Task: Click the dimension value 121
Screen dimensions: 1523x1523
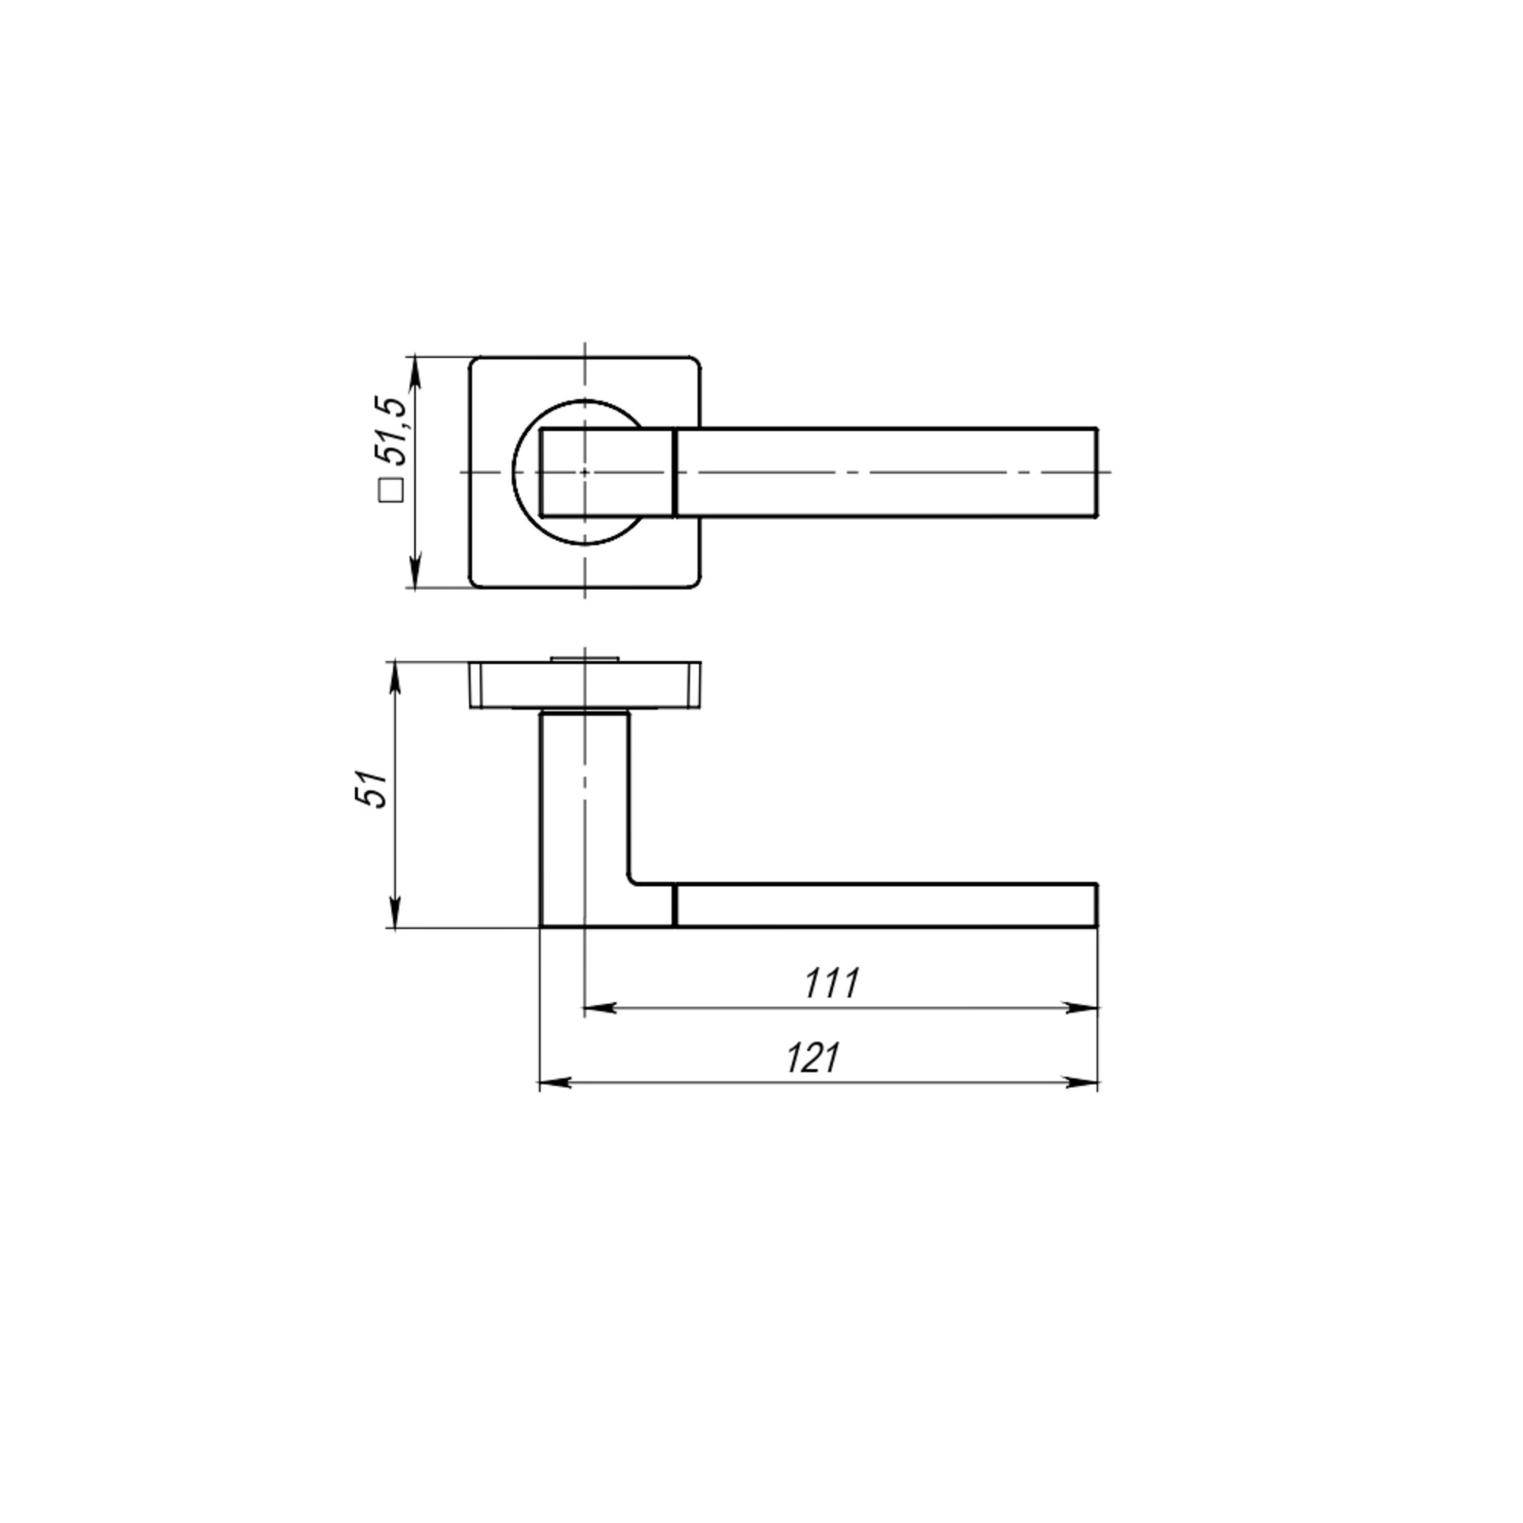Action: coord(813,1058)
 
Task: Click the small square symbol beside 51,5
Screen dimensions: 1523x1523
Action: coord(391,490)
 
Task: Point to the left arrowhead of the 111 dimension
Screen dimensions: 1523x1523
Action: coord(597,1007)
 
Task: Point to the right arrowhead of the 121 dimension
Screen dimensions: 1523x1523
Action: coord(1082,1083)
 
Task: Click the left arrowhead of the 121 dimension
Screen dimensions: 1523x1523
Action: coord(554,1083)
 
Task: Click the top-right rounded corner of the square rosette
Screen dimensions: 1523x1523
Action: coord(693,364)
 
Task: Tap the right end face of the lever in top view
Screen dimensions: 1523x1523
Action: coord(1097,473)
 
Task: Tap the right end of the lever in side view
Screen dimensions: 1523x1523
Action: coord(1097,905)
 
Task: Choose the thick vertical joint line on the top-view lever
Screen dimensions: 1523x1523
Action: coord(675,473)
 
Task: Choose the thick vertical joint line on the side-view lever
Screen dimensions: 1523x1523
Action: coord(675,905)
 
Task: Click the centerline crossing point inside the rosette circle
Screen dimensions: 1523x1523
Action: coord(584,472)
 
